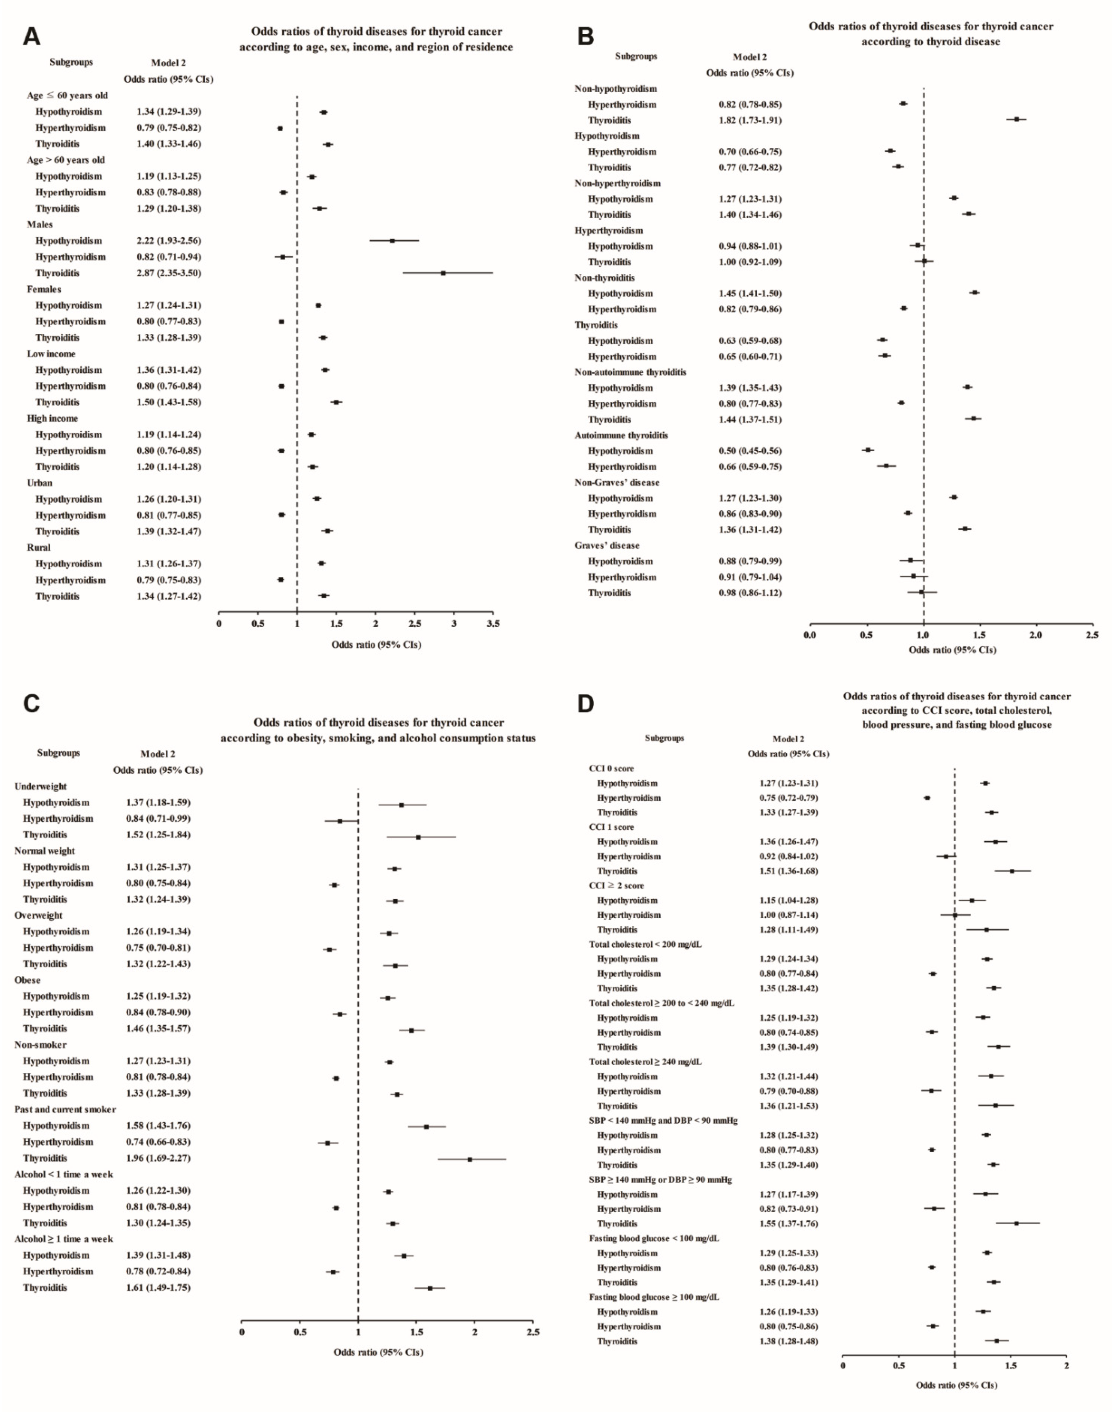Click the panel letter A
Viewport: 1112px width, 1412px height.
tap(31, 36)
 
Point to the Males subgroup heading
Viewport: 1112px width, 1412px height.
tap(40, 225)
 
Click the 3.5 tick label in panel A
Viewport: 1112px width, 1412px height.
tap(493, 624)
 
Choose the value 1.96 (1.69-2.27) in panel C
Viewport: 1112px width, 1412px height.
tap(158, 1158)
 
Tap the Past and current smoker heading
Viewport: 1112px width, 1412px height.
tap(65, 1109)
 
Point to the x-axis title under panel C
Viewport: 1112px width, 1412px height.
tap(378, 1352)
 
